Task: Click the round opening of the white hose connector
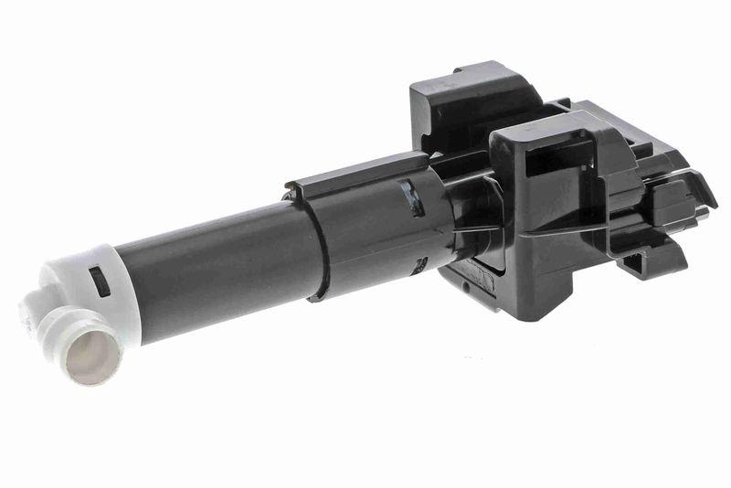(92, 351)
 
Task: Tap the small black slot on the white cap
(101, 281)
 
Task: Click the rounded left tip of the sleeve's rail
(291, 190)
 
